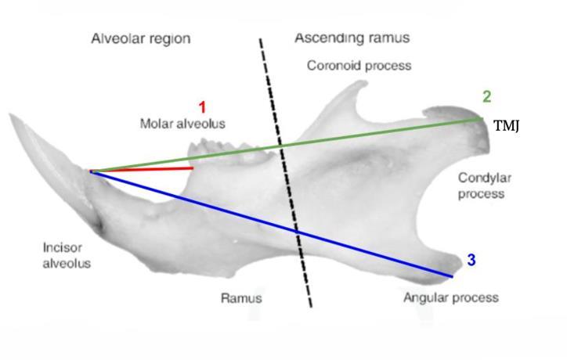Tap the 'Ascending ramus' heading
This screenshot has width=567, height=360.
point(352,38)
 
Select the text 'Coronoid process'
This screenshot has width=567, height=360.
point(359,66)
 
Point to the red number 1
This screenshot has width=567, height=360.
point(202,107)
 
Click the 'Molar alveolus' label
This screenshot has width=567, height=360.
point(182,124)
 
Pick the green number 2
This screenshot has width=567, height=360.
point(486,97)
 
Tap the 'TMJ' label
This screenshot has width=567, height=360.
point(507,125)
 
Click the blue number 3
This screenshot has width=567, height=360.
point(471,261)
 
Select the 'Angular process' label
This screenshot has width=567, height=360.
point(450,298)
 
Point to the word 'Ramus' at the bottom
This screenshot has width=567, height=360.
point(241,299)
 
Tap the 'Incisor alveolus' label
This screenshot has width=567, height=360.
point(67,256)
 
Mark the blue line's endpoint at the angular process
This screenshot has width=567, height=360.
point(453,276)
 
